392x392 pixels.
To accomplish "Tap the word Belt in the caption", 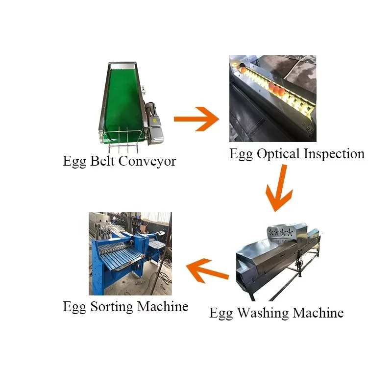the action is point(102,161).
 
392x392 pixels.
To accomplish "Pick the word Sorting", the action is point(111,307).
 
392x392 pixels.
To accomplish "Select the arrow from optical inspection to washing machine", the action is point(278,189).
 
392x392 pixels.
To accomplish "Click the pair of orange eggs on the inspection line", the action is point(278,91).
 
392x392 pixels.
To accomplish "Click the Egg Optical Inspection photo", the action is point(272,98).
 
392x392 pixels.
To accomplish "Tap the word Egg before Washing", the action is point(221,313).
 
